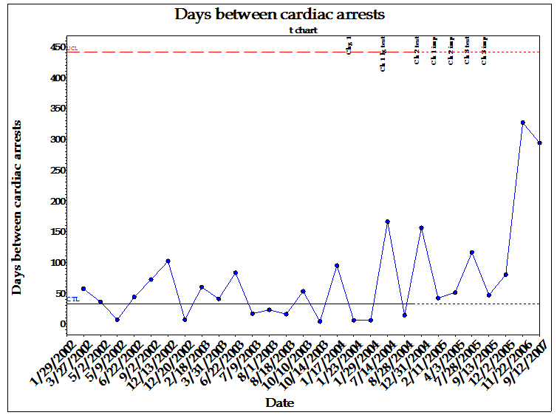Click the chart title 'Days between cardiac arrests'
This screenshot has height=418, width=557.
pyautogui.click(x=279, y=14)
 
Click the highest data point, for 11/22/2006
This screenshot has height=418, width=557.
pyautogui.click(x=522, y=123)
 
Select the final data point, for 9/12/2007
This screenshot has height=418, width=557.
pyautogui.click(x=539, y=143)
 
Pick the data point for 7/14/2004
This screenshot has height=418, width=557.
pyautogui.click(x=387, y=222)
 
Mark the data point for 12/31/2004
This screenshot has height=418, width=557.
pyautogui.click(x=421, y=228)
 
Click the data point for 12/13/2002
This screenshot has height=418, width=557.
pyautogui.click(x=168, y=261)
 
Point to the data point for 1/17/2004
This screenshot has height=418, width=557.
pyautogui.click(x=337, y=265)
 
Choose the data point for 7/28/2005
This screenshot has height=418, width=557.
pyautogui.click(x=472, y=253)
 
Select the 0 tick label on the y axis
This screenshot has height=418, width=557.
pyautogui.click(x=63, y=324)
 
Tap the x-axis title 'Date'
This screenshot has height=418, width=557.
pyautogui.click(x=280, y=403)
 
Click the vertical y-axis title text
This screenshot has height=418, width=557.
pyautogui.click(x=17, y=208)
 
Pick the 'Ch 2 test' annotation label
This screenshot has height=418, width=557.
pyautogui.click(x=417, y=50)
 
